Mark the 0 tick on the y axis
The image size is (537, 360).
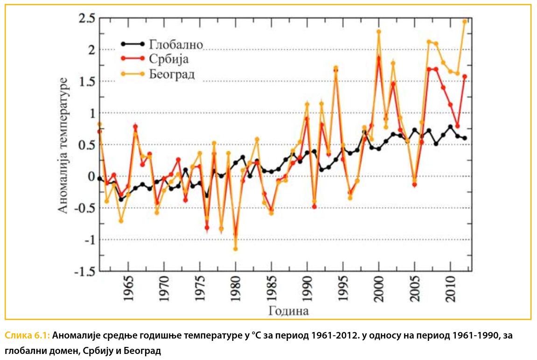point(90,176)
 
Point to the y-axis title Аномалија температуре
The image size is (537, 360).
point(63,145)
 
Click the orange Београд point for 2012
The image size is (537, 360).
point(465,21)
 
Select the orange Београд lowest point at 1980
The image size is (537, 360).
point(236,249)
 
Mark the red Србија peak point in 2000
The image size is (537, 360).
point(379,58)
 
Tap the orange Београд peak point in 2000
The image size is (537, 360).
point(379,32)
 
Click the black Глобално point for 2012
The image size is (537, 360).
point(465,138)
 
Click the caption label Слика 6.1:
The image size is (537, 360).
point(28,335)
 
